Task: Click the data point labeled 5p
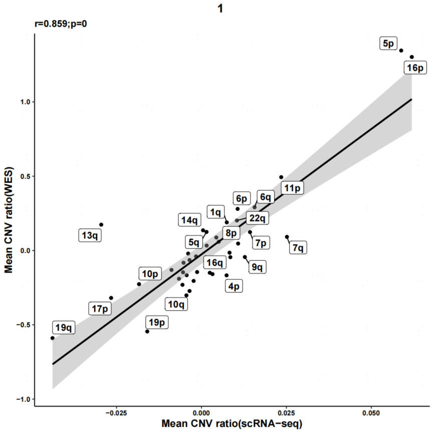[401, 50]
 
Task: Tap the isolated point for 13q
[101, 225]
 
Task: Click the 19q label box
[64, 328]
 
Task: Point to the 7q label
[298, 248]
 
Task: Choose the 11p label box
[292, 188]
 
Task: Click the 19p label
[156, 322]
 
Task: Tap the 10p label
[150, 274]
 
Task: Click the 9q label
[257, 267]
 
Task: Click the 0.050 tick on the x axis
[371, 412]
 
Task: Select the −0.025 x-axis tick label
[116, 412]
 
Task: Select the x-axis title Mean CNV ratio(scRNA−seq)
[232, 424]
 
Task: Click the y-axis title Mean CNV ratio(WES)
[9, 221]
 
